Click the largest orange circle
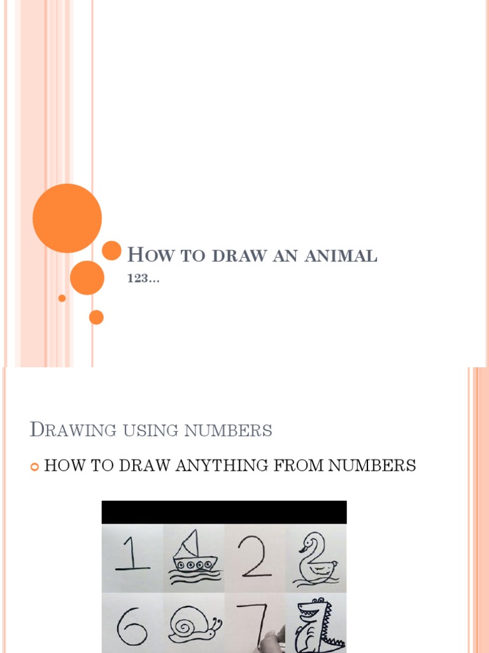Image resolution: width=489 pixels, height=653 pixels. click(x=67, y=218)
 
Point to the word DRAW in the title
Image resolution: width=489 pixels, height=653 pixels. click(x=239, y=256)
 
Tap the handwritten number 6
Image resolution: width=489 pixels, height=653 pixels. click(x=132, y=624)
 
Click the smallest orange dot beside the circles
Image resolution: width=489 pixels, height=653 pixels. click(x=62, y=298)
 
